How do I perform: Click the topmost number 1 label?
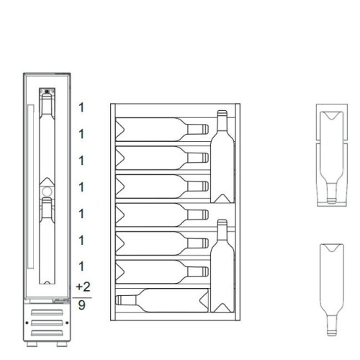coord(81,107)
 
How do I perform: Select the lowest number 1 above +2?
coord(81,266)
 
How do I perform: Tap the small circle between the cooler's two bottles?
coord(45,192)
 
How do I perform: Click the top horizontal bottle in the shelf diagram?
coord(162,130)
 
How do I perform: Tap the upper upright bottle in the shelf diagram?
coord(222,155)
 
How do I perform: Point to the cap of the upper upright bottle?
coord(222,113)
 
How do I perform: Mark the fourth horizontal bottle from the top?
coord(162,214)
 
